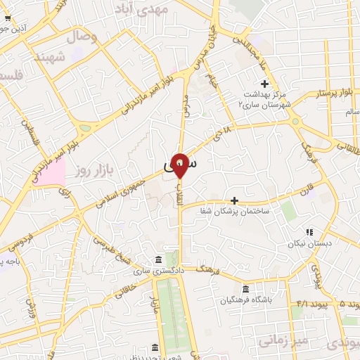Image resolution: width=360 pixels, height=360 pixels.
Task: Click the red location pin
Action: (180, 164)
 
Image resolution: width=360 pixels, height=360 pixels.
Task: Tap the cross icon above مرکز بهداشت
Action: (265, 84)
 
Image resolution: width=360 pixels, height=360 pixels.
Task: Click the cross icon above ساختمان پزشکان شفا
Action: (234, 200)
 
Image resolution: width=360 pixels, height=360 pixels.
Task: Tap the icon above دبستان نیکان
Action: (309, 232)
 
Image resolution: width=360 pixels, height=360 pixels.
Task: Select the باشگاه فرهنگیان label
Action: (245, 300)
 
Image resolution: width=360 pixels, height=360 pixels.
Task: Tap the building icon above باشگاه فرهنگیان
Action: (245, 289)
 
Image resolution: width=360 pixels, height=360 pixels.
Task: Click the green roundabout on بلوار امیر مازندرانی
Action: (85, 129)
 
